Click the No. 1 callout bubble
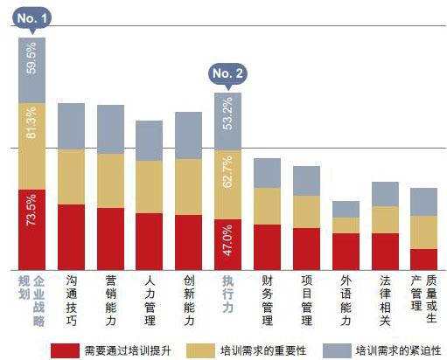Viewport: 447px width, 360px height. click(31, 17)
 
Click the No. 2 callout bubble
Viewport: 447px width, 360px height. click(227, 74)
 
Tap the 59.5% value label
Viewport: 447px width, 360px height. click(32, 59)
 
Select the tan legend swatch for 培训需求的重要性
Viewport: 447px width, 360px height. click(198, 348)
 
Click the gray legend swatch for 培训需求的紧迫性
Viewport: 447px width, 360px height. click(329, 348)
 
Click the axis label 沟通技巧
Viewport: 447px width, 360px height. click(71, 296)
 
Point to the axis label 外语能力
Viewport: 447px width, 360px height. click(346, 301)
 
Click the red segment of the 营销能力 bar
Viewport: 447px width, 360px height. click(110, 239)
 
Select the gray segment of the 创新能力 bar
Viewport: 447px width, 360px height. click(188, 135)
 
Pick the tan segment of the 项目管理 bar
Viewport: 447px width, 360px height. click(306, 211)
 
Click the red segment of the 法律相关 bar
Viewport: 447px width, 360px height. click(385, 251)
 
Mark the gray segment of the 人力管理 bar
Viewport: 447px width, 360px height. click(150, 141)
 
